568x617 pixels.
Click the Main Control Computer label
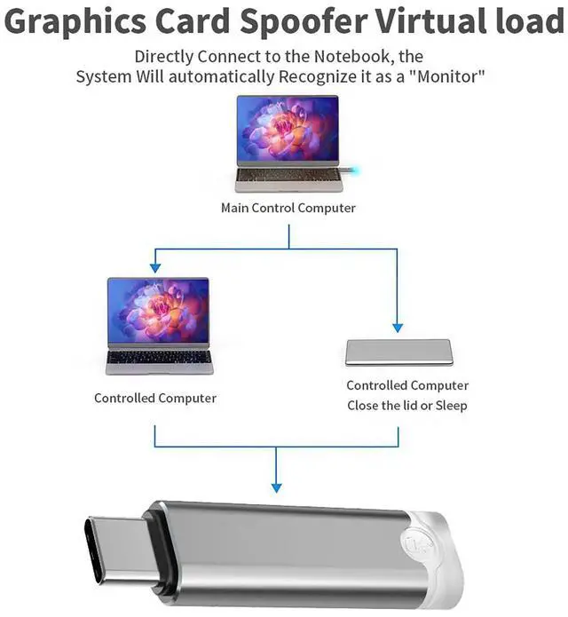coord(288,209)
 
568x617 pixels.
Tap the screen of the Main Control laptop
coord(288,129)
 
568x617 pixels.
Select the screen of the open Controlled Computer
coord(158,311)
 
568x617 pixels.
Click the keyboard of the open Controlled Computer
coord(158,358)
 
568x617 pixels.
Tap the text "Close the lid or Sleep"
coord(407,406)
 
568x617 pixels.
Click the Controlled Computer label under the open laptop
coord(155,398)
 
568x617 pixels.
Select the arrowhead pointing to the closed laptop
coord(397,327)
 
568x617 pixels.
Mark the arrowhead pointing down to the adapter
coord(276,486)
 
